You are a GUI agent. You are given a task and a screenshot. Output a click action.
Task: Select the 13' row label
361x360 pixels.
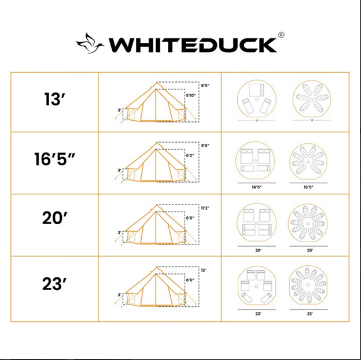(55, 100)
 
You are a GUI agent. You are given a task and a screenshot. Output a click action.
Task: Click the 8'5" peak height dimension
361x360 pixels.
(204, 86)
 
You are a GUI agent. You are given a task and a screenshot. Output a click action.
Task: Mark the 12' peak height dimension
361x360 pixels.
(203, 269)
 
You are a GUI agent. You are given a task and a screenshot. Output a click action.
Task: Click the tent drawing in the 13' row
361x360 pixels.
(154, 103)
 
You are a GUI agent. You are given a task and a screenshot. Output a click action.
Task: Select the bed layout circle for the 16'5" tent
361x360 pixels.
(254, 161)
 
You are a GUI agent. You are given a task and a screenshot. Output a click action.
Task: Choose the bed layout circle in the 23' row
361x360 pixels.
(254, 285)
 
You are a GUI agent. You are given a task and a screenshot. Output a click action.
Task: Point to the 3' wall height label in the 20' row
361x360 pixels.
(120, 232)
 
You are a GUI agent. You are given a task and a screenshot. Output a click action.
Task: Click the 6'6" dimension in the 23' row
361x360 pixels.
(189, 280)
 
